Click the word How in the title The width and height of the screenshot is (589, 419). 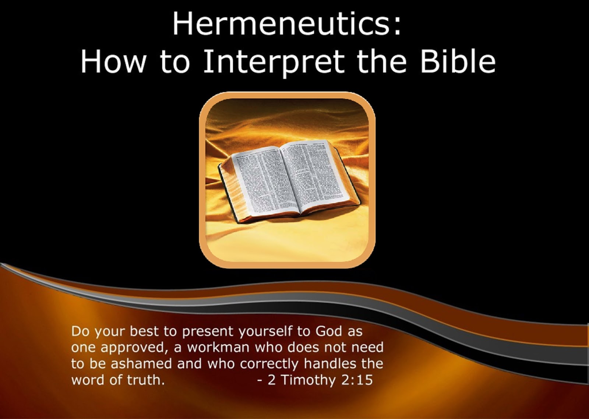pos(113,61)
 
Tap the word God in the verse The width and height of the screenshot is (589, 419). pos(329,331)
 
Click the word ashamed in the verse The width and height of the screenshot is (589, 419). pos(141,364)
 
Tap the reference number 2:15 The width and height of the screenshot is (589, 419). pos(357,380)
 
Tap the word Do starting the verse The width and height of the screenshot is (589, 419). pos(80,331)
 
